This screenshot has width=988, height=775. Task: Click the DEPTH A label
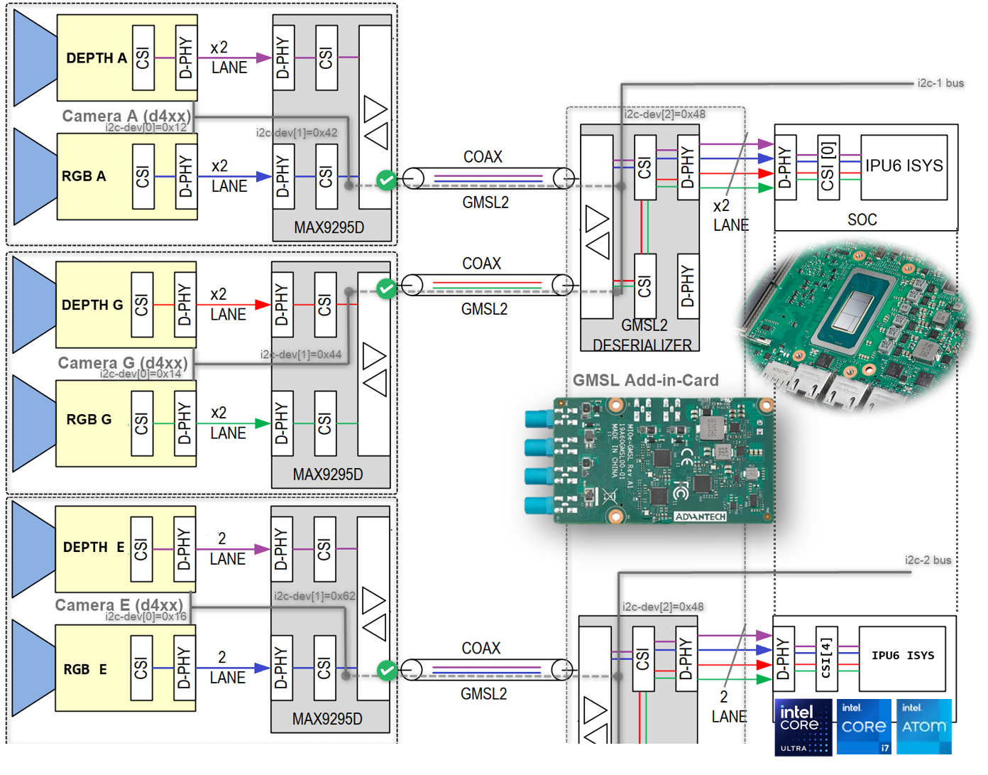96,58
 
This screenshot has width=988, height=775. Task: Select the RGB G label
89,420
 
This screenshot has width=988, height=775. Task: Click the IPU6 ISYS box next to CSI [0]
904,166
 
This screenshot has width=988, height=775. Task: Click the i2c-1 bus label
940,83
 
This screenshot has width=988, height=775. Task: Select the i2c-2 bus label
928,560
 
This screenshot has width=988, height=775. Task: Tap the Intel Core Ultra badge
803,727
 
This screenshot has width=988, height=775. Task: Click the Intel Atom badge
923,726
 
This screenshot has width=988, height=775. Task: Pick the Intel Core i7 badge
864,727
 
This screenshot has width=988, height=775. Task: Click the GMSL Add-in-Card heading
645,381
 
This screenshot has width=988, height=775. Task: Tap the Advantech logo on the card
700,516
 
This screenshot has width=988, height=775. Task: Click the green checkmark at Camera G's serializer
386,288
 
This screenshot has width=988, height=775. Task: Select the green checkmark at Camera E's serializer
387,671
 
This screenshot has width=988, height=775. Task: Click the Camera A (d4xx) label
126,116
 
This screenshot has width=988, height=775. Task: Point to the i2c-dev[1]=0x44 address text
300,354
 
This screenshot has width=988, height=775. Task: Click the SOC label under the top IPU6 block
862,220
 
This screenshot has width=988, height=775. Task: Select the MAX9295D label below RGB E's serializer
327,720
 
